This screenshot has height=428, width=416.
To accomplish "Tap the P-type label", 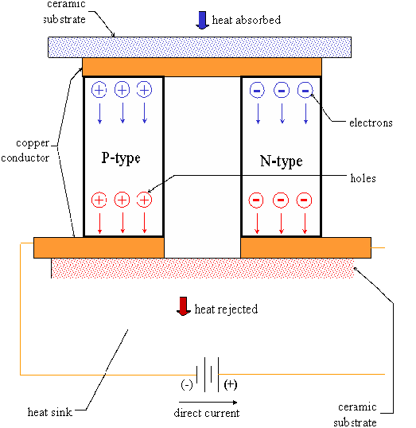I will [121, 158].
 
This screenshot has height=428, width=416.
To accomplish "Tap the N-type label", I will [281, 161].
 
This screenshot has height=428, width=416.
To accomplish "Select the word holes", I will [362, 178].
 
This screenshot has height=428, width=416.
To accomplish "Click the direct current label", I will [206, 413].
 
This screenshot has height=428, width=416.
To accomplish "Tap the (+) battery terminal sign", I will [231, 383].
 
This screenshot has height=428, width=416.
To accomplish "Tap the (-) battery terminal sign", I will [186, 383].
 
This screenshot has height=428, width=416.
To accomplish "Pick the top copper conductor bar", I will [202, 67].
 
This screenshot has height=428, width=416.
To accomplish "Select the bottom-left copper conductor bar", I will [99, 248].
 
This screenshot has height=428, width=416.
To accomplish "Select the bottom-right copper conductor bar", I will [305, 248].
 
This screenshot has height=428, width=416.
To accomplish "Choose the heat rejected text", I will [226, 309].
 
